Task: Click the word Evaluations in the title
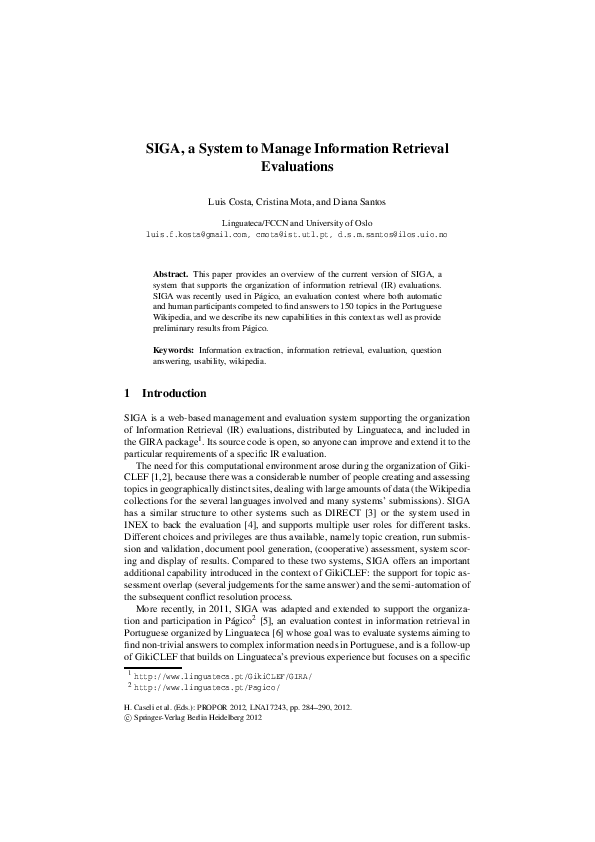(296, 167)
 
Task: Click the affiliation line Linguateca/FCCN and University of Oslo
(296, 222)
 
